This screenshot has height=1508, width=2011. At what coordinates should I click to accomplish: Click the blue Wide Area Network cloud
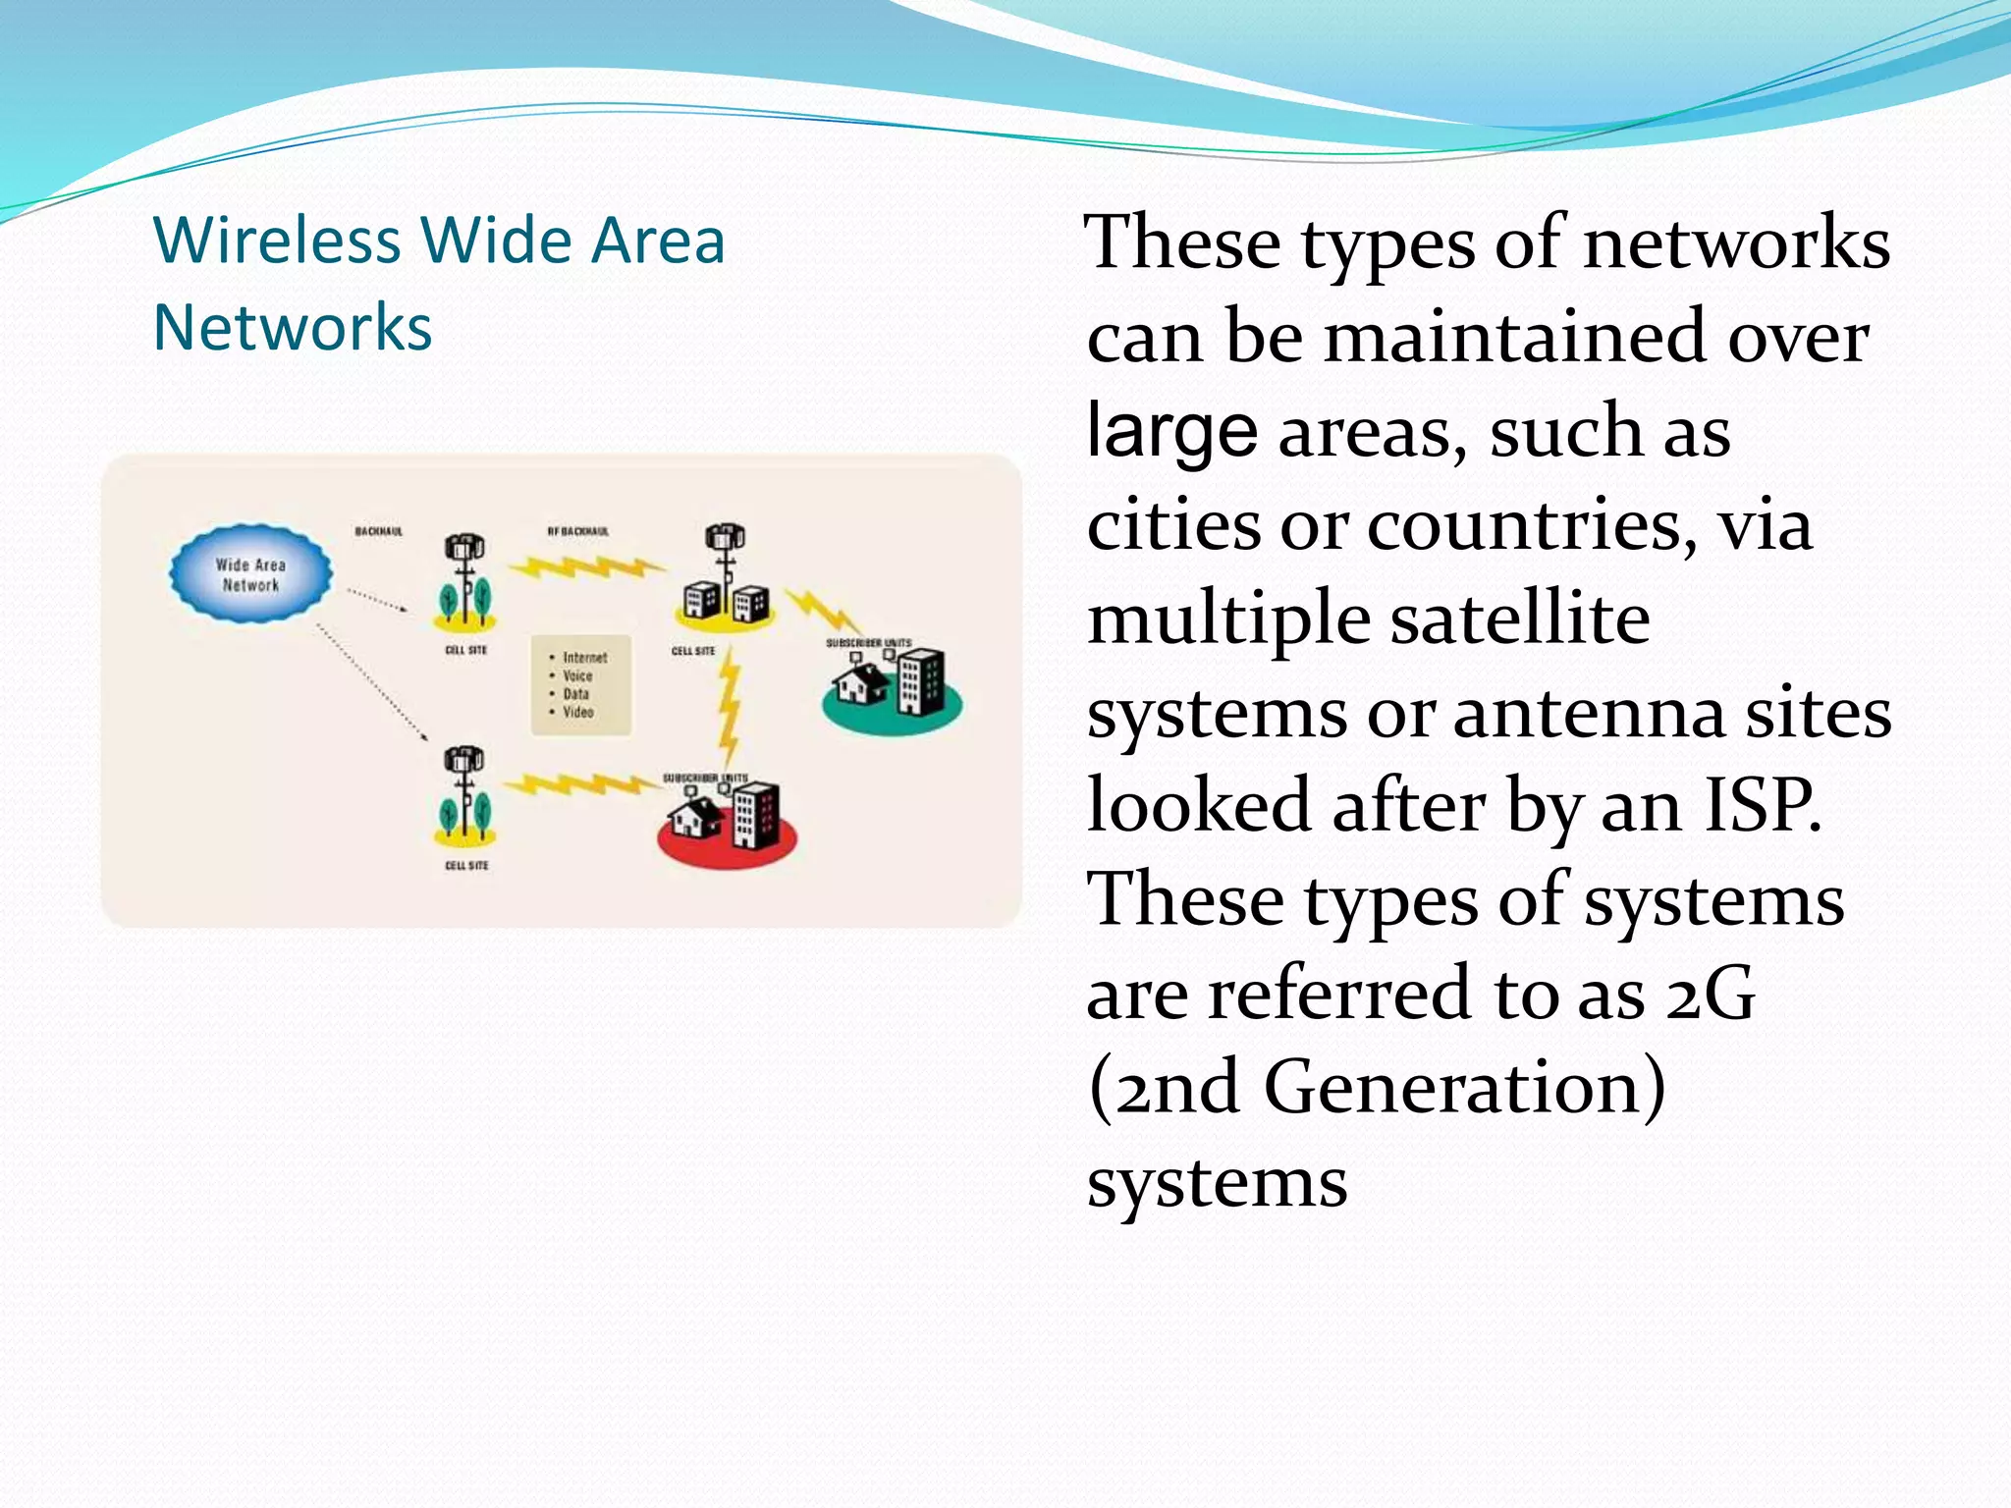click(250, 574)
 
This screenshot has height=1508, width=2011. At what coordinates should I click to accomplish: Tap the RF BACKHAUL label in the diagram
click(577, 531)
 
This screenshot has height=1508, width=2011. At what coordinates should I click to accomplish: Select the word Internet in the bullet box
click(584, 658)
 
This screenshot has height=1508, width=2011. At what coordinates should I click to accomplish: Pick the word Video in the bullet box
click(577, 712)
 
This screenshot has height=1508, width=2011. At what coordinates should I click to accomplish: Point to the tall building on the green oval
click(921, 680)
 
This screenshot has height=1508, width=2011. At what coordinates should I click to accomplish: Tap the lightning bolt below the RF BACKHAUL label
click(586, 568)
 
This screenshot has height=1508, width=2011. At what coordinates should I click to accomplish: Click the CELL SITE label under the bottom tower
click(466, 865)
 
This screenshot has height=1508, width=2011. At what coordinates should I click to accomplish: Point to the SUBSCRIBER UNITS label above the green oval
click(868, 643)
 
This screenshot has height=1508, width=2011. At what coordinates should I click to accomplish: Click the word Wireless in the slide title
click(277, 241)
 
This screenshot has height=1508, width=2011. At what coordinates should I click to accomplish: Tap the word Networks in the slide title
click(293, 327)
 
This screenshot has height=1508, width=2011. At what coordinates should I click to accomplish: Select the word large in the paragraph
click(1171, 432)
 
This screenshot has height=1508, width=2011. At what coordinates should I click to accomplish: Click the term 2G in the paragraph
click(1710, 994)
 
